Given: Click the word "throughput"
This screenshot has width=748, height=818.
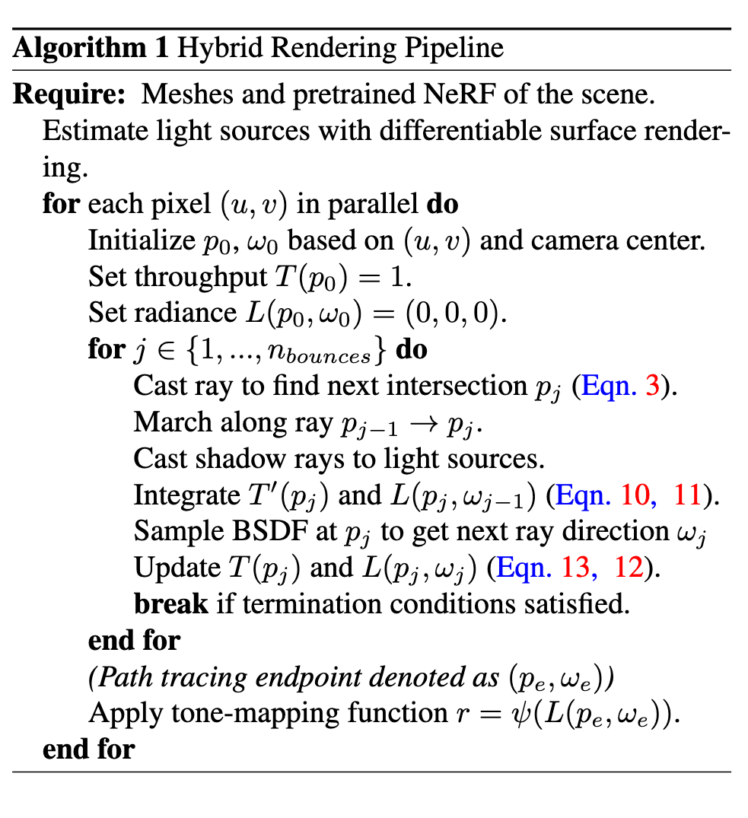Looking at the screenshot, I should click(x=196, y=276).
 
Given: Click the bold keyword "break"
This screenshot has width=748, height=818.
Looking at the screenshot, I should click(x=170, y=604).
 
